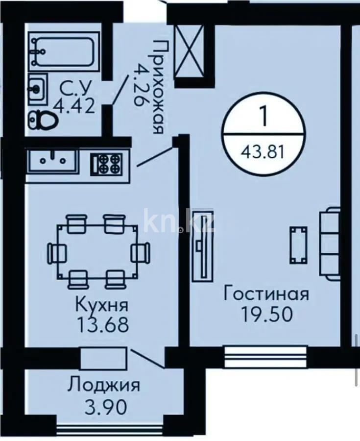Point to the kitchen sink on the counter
[x=52, y=160]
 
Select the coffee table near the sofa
[x=298, y=244]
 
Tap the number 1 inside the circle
[x=263, y=117]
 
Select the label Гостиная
[x=266, y=294]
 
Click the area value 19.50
[x=266, y=314]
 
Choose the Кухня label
[x=102, y=306]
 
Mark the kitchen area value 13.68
[x=102, y=324]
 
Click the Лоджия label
[x=103, y=385]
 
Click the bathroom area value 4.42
[x=77, y=106]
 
